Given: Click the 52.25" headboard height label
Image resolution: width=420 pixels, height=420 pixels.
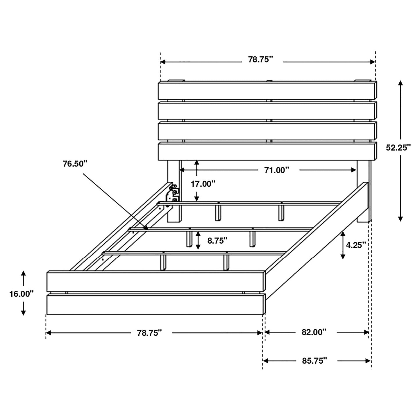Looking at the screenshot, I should (398, 148).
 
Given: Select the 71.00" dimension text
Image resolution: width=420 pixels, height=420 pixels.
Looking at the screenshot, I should (276, 170).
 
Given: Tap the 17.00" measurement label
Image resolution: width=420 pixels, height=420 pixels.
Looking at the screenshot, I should (203, 184).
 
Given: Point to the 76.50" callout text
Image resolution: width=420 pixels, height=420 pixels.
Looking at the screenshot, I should (75, 164).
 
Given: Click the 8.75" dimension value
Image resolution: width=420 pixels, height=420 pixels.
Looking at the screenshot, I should (217, 240).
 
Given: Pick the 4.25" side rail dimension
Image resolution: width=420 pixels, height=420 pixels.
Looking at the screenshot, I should (355, 245).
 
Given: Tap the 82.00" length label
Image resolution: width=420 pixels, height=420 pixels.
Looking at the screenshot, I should (314, 332).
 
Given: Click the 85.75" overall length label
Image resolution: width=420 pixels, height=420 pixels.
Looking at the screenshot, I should (314, 361).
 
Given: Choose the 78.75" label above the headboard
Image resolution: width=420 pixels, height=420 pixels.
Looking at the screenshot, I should (260, 60).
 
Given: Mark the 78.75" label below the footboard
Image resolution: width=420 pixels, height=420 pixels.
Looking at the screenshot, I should (149, 333).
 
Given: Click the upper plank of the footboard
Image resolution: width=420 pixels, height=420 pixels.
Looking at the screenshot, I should (156, 281).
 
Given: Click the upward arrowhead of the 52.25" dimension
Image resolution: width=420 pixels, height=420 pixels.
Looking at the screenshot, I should (400, 83).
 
